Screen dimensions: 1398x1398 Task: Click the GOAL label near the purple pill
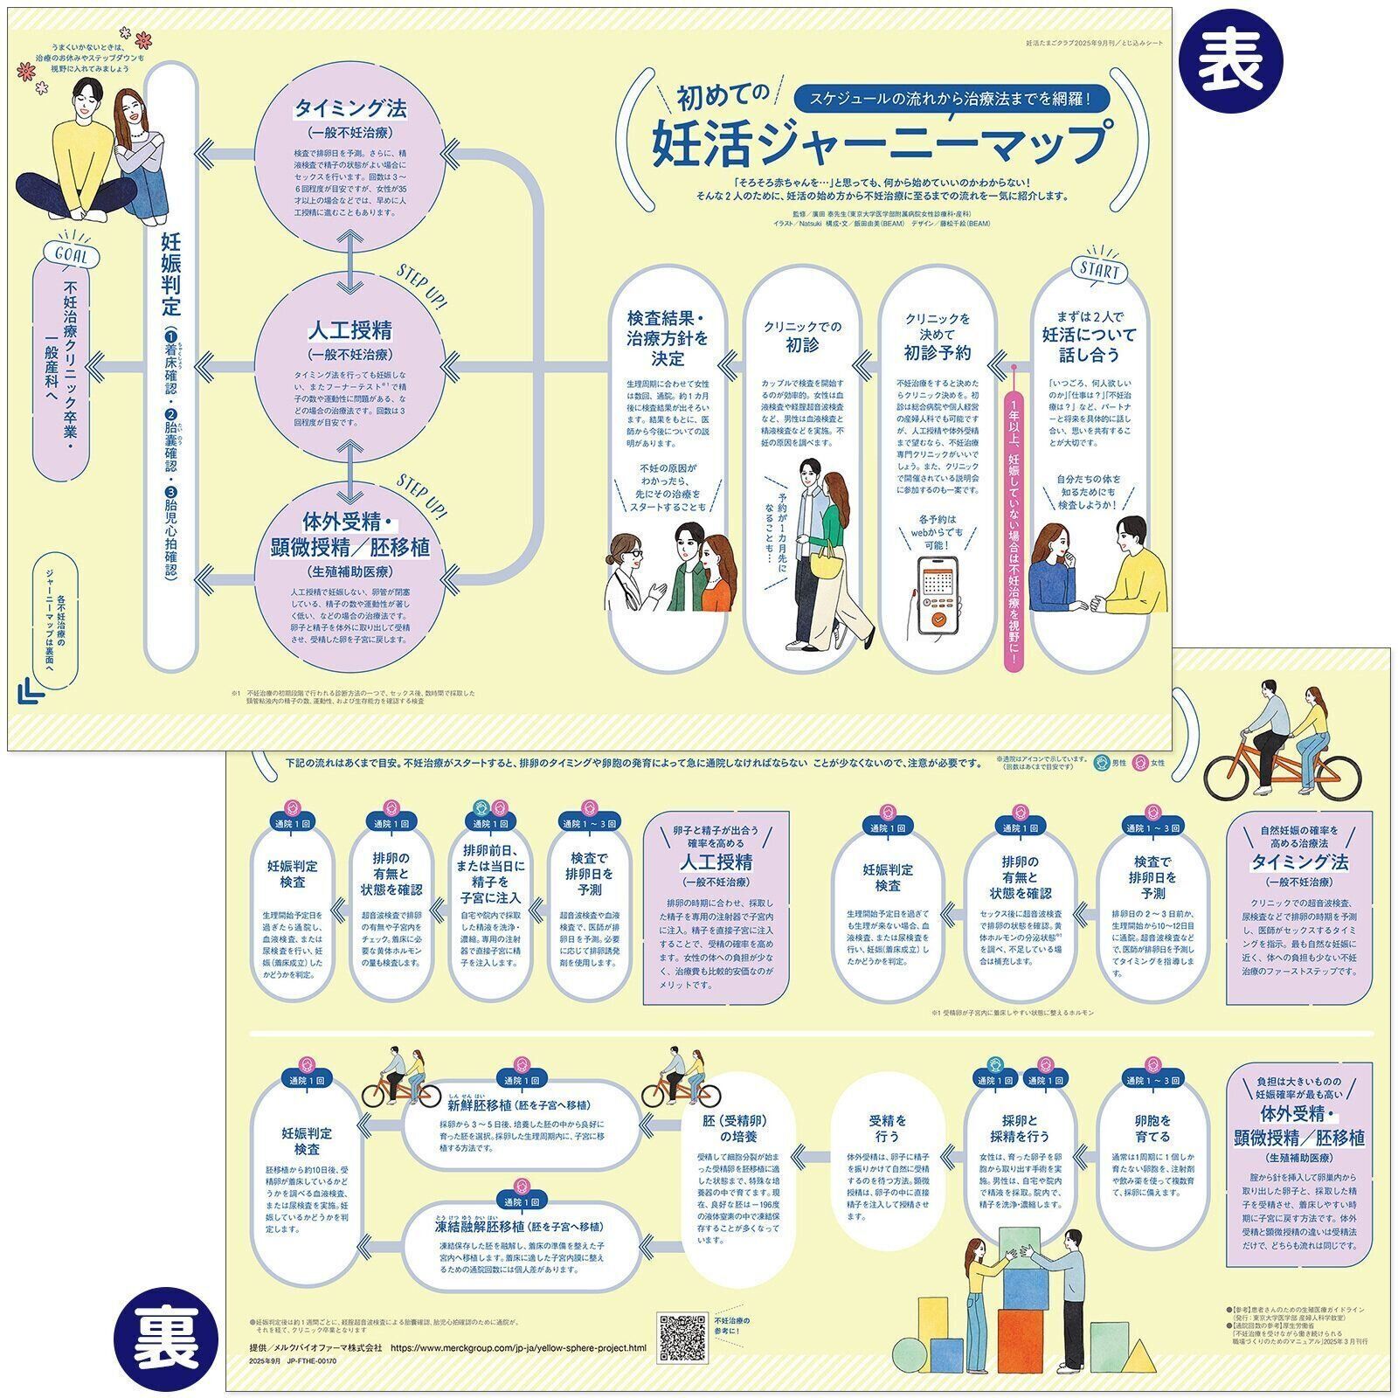tap(76, 256)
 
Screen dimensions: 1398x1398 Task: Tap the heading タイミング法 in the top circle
tap(349, 108)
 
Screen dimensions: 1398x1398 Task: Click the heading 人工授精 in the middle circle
tap(349, 330)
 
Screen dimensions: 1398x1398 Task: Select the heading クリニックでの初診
tap(800, 336)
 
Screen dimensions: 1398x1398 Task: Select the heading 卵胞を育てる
tap(1152, 1128)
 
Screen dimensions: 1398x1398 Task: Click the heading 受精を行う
tap(887, 1128)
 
